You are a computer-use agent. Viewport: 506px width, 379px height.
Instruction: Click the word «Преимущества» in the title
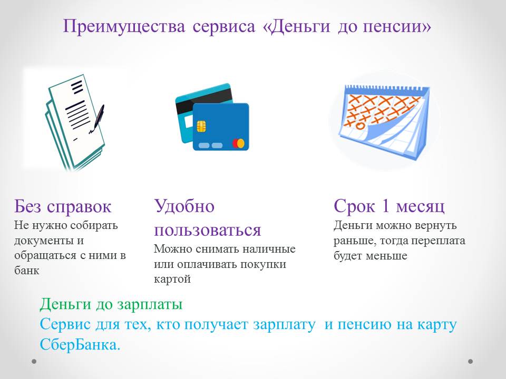pos(124,27)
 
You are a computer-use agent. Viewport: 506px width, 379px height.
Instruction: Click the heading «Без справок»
pos(63,206)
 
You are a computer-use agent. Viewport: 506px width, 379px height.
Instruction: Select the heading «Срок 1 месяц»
pos(389,206)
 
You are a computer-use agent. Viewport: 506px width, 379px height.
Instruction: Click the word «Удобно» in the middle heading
pos(184,206)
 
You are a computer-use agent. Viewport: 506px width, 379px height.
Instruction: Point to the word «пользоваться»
pos(208,230)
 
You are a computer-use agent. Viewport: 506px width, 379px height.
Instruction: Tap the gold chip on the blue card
pos(202,126)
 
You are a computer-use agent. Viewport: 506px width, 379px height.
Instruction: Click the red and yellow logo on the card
pos(238,143)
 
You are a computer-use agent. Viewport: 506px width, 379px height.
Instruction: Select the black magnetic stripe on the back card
pos(204,100)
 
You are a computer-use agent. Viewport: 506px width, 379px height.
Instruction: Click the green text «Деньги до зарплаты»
pos(111,304)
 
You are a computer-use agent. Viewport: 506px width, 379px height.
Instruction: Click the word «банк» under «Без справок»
pos(27,270)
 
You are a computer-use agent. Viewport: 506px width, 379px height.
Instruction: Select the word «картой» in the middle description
pos(172,279)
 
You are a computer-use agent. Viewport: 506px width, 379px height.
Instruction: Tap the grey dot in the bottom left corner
pos(34,362)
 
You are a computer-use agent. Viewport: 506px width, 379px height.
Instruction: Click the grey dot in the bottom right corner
pos(471,362)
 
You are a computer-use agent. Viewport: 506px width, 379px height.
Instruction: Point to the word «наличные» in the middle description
pos(269,249)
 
